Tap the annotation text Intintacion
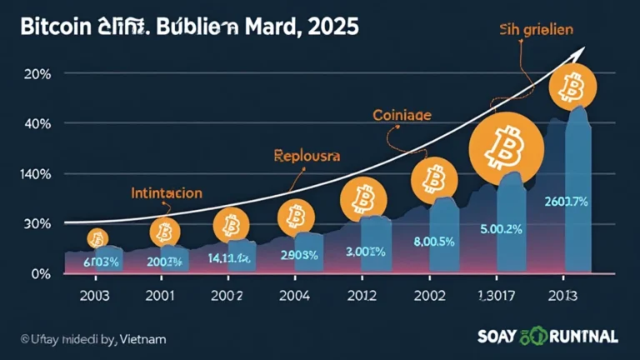point(167,192)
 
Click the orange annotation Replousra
point(307,155)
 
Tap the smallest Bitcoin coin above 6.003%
point(97,238)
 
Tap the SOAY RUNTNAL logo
point(547,337)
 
